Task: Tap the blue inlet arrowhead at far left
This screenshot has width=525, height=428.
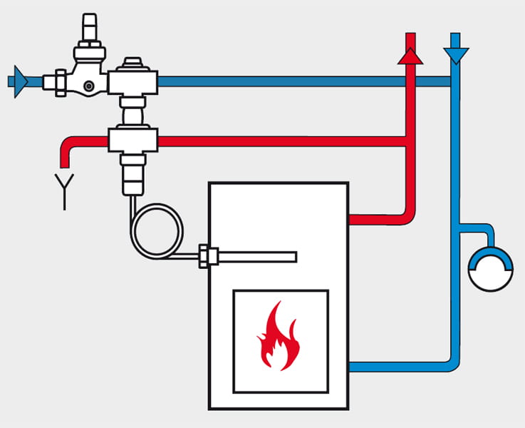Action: [20, 81]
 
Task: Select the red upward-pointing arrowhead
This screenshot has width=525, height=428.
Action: [410, 56]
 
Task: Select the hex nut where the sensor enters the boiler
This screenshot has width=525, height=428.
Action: [206, 256]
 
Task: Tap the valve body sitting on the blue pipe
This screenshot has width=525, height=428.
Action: [132, 79]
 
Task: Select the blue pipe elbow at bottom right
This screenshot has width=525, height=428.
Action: [450, 362]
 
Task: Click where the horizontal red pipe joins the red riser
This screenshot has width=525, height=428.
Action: [410, 142]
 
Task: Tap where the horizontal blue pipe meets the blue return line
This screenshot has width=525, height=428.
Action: [455, 81]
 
